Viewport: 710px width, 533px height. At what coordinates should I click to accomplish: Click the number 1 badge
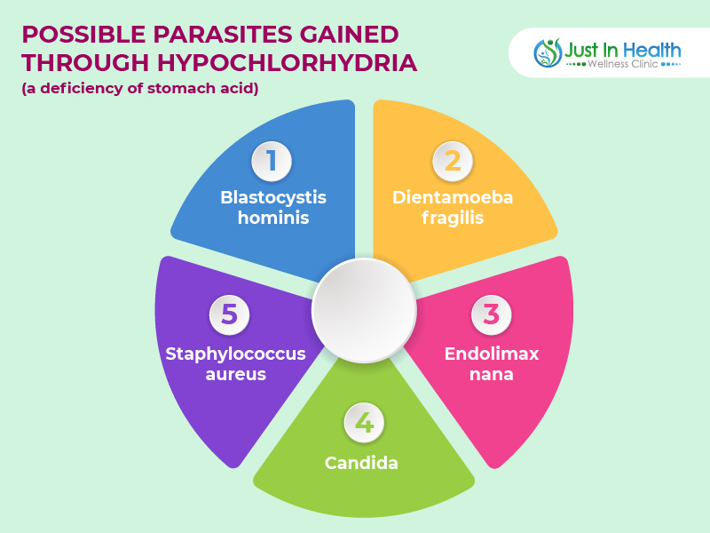[272, 161]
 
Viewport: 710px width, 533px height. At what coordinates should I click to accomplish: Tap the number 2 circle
[453, 161]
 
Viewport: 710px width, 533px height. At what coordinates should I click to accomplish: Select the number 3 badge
[492, 314]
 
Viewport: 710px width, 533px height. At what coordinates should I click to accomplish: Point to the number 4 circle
[364, 423]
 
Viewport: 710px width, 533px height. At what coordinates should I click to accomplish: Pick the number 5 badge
[229, 314]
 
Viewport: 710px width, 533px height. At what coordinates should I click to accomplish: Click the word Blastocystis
[273, 197]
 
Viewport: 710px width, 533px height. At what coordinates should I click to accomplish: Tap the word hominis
[273, 218]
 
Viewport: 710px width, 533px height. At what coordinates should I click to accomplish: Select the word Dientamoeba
[453, 197]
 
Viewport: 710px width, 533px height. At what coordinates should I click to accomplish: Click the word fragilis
[453, 219]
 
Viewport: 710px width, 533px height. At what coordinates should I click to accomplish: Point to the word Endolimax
[492, 354]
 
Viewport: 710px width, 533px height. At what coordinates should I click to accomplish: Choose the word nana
[492, 375]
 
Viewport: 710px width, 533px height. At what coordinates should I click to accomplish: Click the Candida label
[361, 463]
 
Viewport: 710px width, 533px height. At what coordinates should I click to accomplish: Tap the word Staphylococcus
[235, 354]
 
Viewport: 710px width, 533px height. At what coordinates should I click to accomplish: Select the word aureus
[235, 375]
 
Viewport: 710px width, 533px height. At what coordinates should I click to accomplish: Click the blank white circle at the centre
[364, 310]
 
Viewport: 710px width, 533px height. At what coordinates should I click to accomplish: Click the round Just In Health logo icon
[548, 52]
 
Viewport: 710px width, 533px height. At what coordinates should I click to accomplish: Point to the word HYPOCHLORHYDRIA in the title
[287, 62]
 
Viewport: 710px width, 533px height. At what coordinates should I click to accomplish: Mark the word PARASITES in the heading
[223, 35]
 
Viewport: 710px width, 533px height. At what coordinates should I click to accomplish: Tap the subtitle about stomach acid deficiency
[140, 88]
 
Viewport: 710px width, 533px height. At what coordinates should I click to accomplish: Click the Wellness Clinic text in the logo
[623, 64]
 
